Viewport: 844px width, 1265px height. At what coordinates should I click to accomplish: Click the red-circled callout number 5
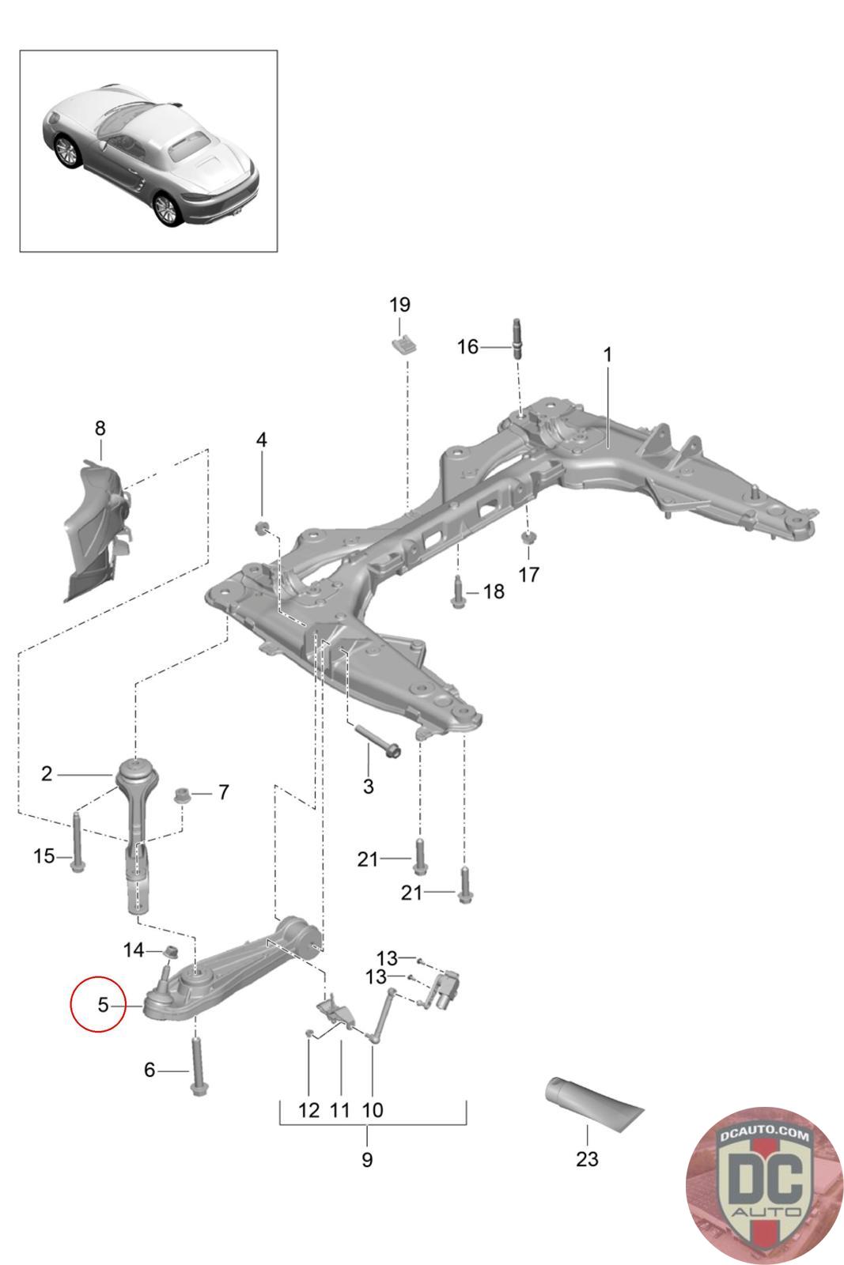coord(102,1005)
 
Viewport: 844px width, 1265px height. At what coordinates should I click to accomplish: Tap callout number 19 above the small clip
coord(400,304)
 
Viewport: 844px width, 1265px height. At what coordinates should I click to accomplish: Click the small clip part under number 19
coord(405,344)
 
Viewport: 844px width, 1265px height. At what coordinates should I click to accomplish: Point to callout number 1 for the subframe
coord(607,355)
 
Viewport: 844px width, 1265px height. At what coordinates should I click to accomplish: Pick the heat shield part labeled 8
coord(96,530)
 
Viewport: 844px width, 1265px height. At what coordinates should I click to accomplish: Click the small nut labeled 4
coord(262,528)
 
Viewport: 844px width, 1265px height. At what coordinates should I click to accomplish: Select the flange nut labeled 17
coord(528,540)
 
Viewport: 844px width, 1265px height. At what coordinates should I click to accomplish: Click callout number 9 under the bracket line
coord(366,1160)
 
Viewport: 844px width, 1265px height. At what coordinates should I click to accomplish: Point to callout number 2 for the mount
coord(47,773)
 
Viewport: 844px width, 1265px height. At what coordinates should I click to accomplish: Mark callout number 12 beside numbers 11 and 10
coord(309,1109)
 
